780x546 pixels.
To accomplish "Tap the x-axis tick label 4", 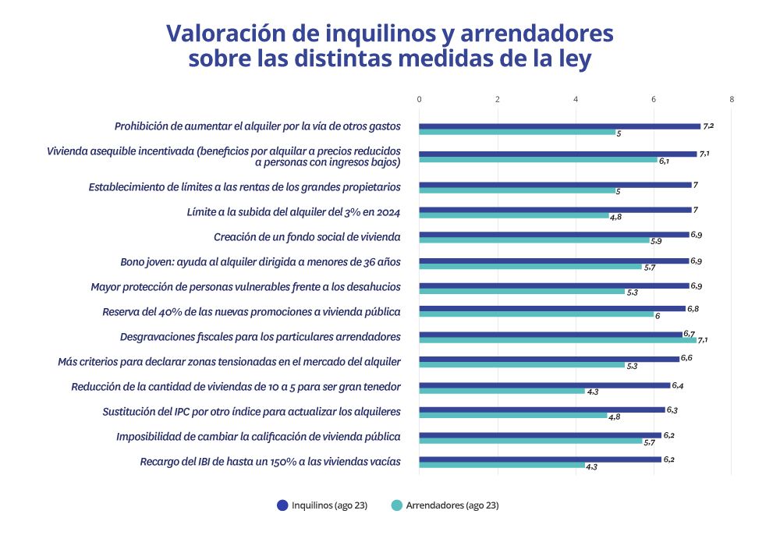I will pos(576,99).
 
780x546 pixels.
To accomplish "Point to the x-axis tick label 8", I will pos(732,99).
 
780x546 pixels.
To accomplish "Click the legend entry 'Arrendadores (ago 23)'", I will pos(445,505).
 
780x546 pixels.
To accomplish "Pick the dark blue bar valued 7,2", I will pos(559,126).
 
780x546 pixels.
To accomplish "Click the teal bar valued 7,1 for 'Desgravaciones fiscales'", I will pos(557,340).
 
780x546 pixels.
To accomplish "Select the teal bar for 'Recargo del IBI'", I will pos(502,466).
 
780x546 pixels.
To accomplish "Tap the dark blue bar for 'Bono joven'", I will pos(554,261).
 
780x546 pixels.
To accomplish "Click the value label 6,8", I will pos(693,309).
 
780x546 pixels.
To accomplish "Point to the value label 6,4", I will pos(677,385).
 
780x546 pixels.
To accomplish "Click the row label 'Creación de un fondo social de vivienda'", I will pos(307,237).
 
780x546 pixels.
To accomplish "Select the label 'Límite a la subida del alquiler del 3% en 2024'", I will pos(293,211).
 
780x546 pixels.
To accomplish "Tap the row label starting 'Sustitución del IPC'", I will pos(251,411).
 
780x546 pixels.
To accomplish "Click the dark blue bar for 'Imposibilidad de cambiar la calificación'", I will pos(540,435).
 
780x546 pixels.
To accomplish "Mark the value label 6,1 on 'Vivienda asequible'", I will pos(665,161).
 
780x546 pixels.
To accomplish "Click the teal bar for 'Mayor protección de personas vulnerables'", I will pos(522,292).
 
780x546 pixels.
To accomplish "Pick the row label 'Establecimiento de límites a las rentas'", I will pos(244,186).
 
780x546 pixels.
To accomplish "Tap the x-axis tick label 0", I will pos(419,99).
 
